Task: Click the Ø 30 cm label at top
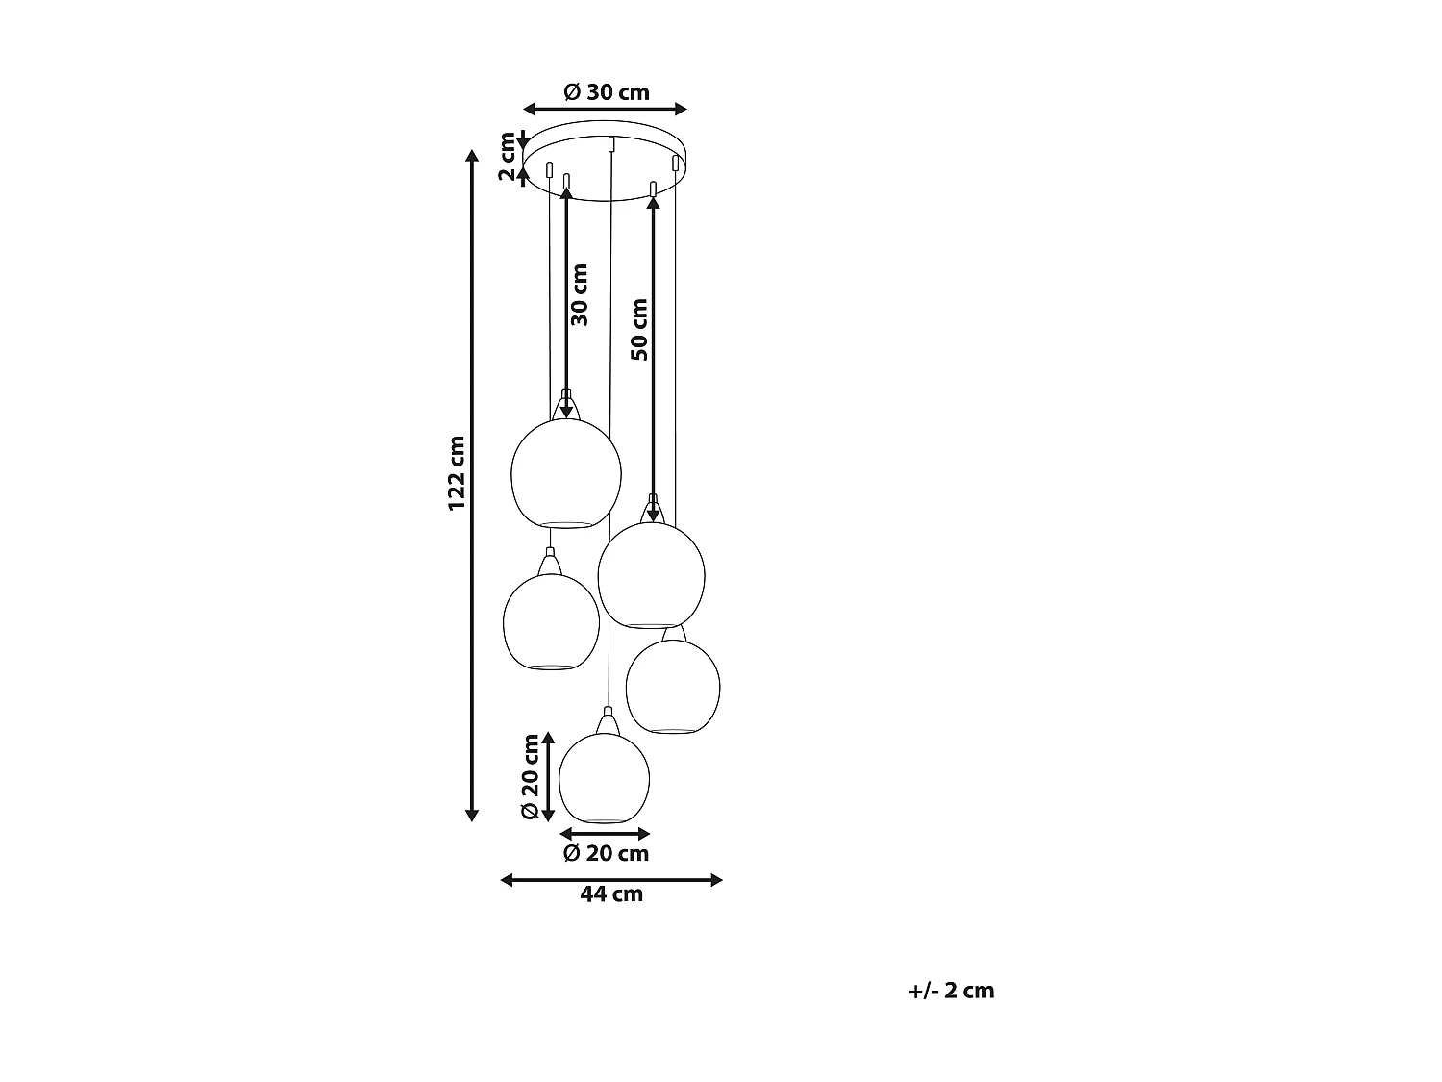tap(606, 92)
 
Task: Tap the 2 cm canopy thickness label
tap(508, 157)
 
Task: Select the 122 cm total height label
tap(457, 473)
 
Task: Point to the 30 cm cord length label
tap(580, 294)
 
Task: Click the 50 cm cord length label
tap(639, 329)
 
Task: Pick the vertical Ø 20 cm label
tap(530, 776)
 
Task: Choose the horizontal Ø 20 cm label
tap(606, 853)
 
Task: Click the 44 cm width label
tap(611, 894)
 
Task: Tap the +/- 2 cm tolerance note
tap(951, 991)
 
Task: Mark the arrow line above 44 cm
tap(611, 879)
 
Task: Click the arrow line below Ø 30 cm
tap(605, 109)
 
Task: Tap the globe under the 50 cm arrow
tap(651, 574)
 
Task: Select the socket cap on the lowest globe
tap(606, 721)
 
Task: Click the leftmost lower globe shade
tap(551, 622)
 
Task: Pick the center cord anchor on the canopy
tap(611, 144)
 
